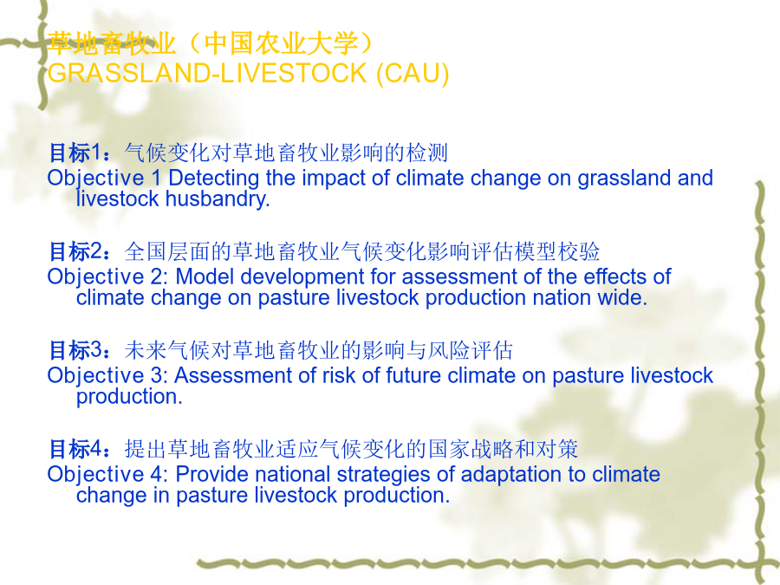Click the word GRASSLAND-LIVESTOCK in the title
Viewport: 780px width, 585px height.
208,73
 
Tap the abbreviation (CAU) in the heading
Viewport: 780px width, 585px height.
413,74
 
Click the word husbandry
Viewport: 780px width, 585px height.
218,198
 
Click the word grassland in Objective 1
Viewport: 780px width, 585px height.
624,179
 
